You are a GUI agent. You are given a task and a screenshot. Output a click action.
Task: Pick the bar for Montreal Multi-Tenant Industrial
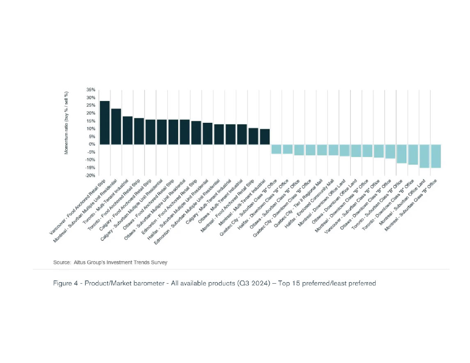coord(265,136)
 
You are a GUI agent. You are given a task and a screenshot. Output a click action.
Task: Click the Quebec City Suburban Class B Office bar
coord(276,149)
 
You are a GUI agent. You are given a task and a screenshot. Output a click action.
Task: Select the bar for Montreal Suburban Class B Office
coord(436,156)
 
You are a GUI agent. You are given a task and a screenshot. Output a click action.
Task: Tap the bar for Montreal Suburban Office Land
coord(424,156)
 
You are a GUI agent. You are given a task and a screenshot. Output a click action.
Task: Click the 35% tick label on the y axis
coord(91,90)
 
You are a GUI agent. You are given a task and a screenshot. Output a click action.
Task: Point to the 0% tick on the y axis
coord(92,145)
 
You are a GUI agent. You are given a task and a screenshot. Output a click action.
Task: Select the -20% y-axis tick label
coord(90,176)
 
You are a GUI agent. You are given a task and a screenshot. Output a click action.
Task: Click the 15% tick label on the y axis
coord(91,121)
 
